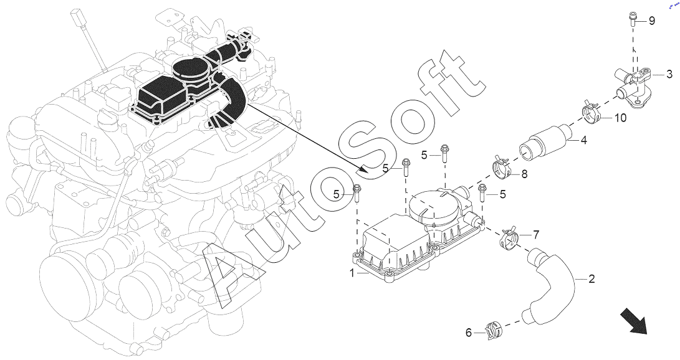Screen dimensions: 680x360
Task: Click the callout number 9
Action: (x=652, y=21)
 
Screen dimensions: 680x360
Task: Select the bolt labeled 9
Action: (x=632, y=20)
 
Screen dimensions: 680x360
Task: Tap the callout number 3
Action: (x=669, y=75)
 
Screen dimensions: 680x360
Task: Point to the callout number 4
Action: (x=584, y=140)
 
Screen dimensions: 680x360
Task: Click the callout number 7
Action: (x=536, y=235)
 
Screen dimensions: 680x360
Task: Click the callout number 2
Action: (x=591, y=279)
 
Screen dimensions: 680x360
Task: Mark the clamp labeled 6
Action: (x=494, y=330)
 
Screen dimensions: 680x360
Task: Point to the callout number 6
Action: (x=468, y=333)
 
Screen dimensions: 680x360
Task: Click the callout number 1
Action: (x=353, y=273)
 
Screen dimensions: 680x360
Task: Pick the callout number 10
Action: (x=621, y=117)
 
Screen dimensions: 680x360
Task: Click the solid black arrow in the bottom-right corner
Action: (x=634, y=321)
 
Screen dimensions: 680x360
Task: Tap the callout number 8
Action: (x=524, y=174)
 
